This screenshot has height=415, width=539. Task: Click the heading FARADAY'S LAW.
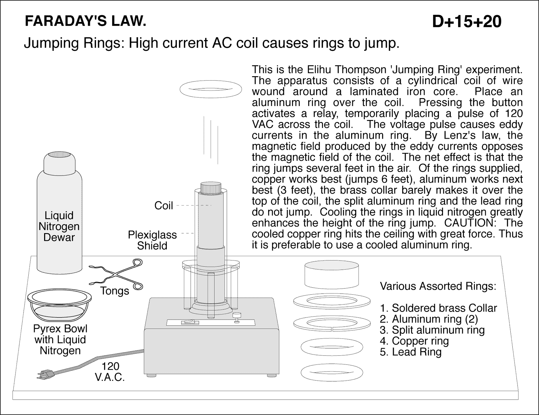(x=86, y=22)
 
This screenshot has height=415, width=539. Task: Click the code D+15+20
(x=467, y=22)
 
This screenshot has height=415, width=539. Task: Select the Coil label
(x=163, y=205)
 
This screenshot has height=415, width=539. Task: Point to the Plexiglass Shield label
(x=152, y=240)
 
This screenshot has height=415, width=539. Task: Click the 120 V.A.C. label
(x=110, y=371)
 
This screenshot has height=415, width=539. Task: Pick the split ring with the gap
(x=332, y=323)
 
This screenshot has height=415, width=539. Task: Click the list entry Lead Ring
(x=410, y=352)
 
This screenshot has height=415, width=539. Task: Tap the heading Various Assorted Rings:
(x=438, y=286)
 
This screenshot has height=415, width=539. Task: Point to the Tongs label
(x=115, y=291)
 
